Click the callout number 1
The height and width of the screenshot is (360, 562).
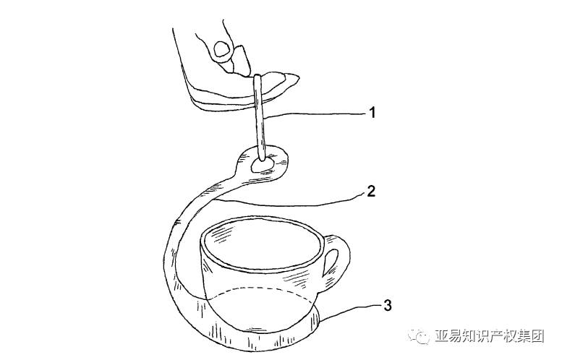(x=372, y=113)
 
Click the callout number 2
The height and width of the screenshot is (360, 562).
(x=371, y=191)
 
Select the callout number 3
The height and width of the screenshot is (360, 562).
(x=388, y=306)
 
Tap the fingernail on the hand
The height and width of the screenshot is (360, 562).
(x=221, y=48)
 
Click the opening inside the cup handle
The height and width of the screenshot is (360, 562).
(x=331, y=262)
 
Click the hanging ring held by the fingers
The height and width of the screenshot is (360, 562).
(x=258, y=117)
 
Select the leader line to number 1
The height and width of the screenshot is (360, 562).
(x=315, y=114)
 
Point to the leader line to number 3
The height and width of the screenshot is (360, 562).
(x=349, y=310)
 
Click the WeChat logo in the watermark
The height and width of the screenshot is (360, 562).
(x=420, y=336)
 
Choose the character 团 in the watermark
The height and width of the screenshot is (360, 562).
(x=537, y=336)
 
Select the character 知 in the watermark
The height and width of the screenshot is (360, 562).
(x=469, y=336)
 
